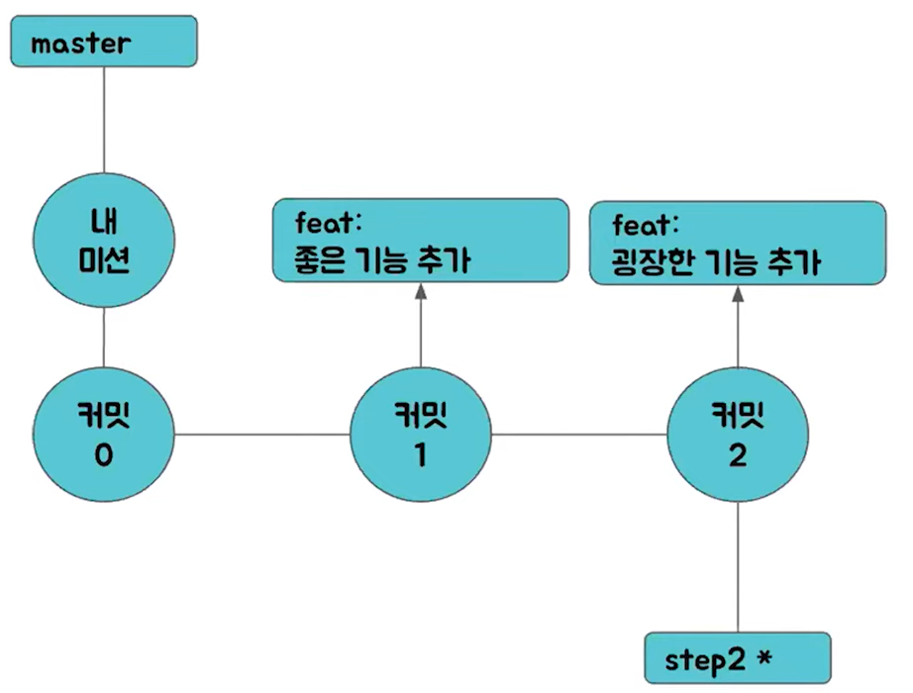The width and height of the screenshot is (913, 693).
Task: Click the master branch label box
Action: click(103, 44)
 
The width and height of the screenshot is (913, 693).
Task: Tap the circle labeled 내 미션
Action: click(103, 243)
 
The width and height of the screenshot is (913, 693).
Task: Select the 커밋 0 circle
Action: click(103, 434)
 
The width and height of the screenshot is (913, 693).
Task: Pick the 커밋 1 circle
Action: click(420, 434)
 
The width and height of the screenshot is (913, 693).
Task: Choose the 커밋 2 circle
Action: click(737, 434)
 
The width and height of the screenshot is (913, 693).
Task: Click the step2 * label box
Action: click(737, 657)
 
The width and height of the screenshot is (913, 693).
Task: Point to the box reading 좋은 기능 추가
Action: click(420, 242)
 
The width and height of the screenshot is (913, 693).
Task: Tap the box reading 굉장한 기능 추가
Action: click(737, 243)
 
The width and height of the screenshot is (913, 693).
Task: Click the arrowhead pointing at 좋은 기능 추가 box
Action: click(420, 291)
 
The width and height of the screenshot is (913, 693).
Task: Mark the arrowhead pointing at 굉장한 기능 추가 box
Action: click(737, 293)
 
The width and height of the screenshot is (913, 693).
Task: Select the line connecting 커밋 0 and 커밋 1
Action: click(261, 434)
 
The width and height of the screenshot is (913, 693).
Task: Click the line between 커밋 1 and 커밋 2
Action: click(578, 434)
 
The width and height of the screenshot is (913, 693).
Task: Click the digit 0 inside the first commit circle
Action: click(104, 457)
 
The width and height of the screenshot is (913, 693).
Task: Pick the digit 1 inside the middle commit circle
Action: click(421, 457)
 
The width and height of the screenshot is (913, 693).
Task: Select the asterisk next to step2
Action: click(762, 654)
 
